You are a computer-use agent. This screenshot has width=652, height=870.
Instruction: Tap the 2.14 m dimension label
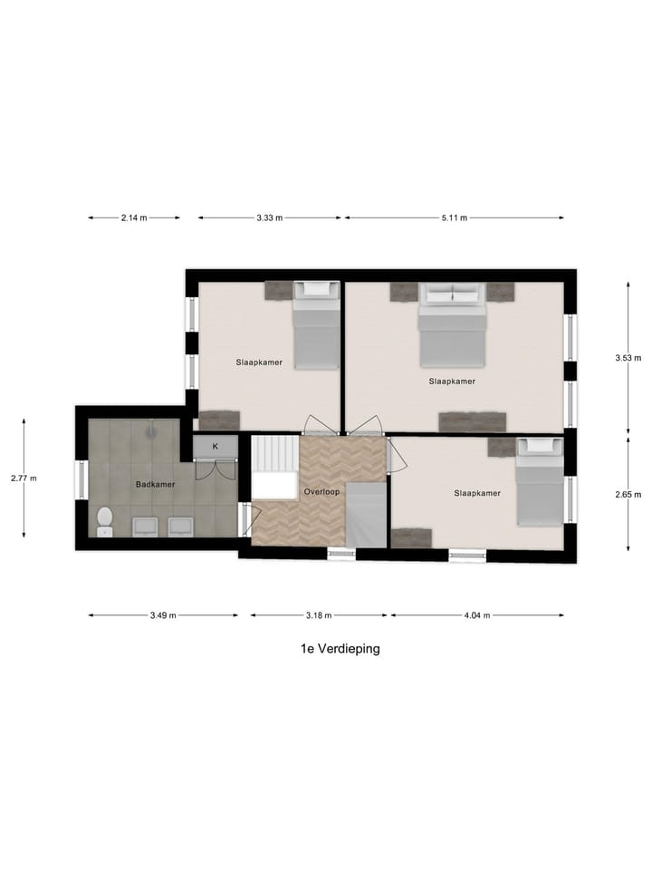(134, 217)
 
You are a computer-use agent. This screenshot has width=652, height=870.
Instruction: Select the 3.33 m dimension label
(270, 217)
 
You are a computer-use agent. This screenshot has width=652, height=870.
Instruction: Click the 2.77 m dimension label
(24, 478)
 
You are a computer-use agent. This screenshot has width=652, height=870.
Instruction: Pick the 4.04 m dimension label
(476, 615)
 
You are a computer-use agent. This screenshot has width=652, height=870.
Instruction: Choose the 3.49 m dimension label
(163, 615)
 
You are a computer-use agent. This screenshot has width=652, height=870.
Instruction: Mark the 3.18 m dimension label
(320, 615)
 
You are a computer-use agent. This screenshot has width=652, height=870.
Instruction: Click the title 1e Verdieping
(340, 648)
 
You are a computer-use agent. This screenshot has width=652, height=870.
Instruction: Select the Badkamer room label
(155, 484)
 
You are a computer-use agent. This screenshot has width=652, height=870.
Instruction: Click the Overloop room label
(321, 491)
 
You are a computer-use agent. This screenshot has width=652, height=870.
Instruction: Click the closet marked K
(216, 446)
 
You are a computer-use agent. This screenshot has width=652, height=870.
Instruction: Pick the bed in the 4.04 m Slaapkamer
(540, 483)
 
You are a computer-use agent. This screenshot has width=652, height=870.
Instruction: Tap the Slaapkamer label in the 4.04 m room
(477, 493)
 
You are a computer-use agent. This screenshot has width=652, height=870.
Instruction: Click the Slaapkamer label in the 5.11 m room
(452, 382)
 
